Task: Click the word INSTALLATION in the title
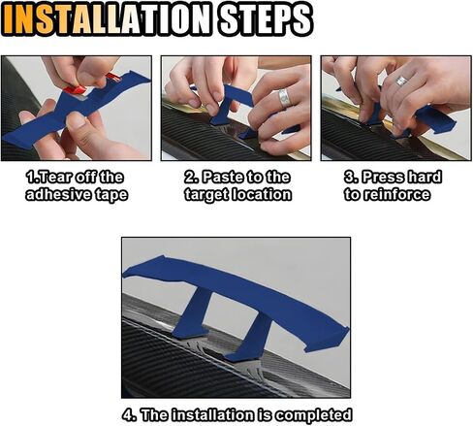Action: [107, 19]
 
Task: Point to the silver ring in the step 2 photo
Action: [285, 98]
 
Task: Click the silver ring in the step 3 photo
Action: [401, 81]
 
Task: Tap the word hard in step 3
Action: [425, 177]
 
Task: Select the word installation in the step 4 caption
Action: [212, 414]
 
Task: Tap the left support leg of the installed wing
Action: [193, 312]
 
